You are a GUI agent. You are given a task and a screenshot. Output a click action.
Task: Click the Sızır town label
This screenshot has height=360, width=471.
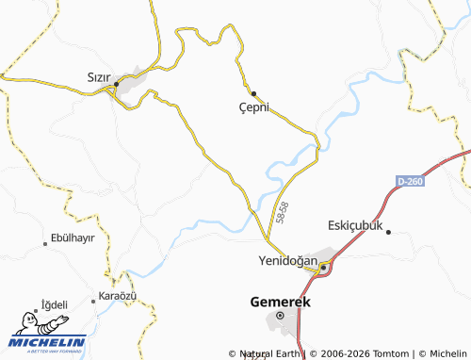99,75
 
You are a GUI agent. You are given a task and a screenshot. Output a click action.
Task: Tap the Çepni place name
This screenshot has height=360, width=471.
253,107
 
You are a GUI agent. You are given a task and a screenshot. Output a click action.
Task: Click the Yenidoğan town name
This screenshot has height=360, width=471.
284,260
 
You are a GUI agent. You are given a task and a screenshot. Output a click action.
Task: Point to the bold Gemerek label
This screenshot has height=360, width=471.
280,303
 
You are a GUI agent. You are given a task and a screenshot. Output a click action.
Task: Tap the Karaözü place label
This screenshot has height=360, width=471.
118,296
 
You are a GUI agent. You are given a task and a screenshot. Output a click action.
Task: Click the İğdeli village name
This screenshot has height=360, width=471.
54,304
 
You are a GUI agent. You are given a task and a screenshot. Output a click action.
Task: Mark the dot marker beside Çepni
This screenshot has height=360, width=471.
252,92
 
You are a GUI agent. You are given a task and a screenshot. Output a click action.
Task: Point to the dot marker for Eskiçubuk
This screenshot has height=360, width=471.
388,231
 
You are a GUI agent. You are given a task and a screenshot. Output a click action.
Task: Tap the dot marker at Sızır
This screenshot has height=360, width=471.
116,85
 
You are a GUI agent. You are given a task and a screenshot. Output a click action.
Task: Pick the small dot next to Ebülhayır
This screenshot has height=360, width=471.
45,244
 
